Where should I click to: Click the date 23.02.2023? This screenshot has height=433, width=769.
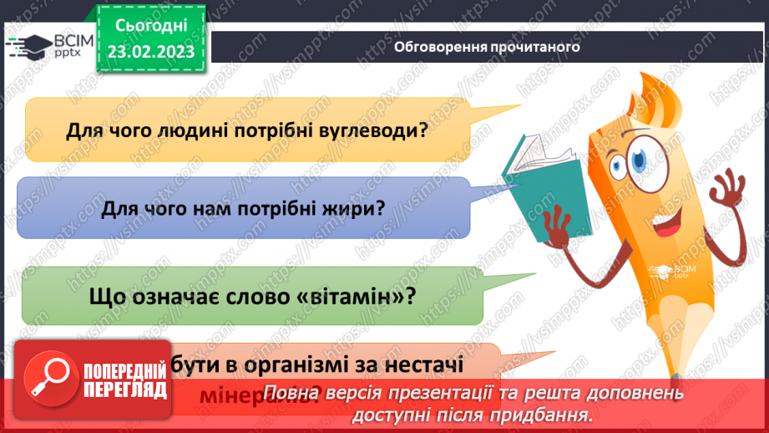(x=149, y=52)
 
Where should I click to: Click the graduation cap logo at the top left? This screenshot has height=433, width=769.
(x=28, y=47)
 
